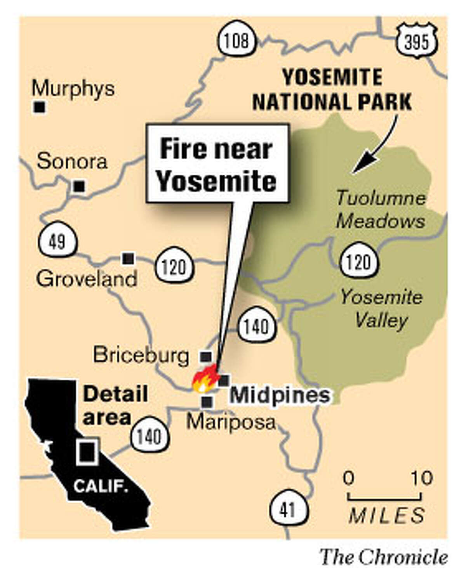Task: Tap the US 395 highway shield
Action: [417, 41]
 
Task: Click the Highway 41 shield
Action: [288, 509]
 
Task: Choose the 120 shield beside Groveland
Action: [174, 267]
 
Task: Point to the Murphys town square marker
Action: [39, 107]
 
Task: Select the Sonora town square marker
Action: [79, 186]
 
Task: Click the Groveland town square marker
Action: [128, 258]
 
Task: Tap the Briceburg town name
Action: [141, 355]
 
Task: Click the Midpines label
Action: [280, 395]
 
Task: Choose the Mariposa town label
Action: [231, 422]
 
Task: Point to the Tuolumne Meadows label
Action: [381, 210]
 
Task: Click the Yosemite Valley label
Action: [381, 309]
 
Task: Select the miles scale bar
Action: [384, 497]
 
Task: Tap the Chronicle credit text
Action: [384, 557]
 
